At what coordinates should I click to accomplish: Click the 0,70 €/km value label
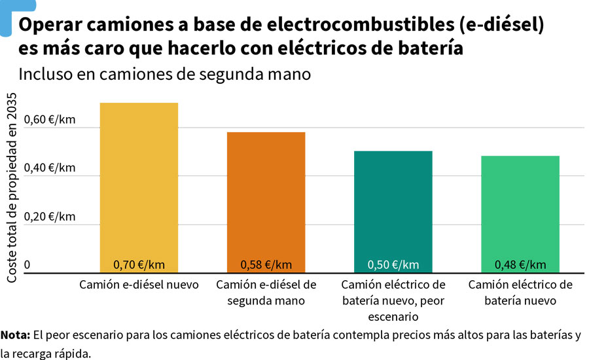click(x=139, y=265)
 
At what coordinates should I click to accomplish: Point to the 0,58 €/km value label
click(x=266, y=265)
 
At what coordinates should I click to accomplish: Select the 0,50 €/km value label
click(x=393, y=265)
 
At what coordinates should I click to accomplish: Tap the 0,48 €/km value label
click(x=520, y=265)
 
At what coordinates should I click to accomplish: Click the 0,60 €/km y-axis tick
click(x=50, y=120)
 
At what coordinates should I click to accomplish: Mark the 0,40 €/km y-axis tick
click(x=50, y=168)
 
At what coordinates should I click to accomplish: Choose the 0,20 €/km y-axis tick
click(x=50, y=217)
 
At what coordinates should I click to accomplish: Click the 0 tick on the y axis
click(x=27, y=265)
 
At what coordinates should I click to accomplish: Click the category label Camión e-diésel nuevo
click(x=139, y=285)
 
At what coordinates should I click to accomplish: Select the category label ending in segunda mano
click(x=266, y=293)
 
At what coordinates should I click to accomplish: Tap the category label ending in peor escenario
click(x=393, y=301)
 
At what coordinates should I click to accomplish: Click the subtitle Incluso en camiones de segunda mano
click(x=164, y=74)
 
